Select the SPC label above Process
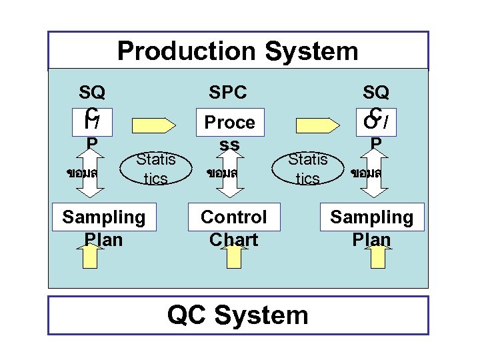point(227,92)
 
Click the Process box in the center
point(229,123)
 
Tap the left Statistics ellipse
point(155,168)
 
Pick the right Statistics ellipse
point(307,168)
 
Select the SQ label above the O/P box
point(375,92)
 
